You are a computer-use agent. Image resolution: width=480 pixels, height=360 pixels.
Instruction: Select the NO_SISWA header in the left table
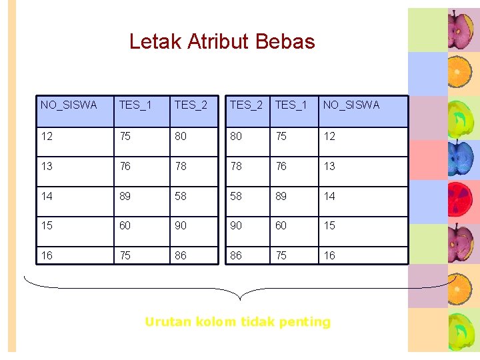coord(69,105)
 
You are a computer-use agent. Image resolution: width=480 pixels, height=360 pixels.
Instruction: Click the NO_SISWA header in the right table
coord(351,105)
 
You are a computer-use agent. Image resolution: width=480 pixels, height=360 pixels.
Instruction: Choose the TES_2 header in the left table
coord(191,105)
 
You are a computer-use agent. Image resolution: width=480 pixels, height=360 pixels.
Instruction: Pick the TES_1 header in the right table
coord(291,105)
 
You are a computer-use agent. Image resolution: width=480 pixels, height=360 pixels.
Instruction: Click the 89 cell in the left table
coord(125,196)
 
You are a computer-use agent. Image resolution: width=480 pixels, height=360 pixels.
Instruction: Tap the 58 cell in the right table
coord(236,196)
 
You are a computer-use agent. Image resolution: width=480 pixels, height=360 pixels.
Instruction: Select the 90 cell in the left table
coord(181,226)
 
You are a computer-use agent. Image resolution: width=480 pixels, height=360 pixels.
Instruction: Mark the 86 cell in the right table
coord(236,255)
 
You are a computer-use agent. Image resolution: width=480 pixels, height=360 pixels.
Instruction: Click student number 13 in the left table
coord(47,166)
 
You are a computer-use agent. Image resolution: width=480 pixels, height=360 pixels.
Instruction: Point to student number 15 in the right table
coord(329,226)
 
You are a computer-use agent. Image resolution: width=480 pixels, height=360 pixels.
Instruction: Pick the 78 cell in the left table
coord(181,166)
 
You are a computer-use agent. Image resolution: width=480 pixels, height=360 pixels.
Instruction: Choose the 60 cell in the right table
coord(281,226)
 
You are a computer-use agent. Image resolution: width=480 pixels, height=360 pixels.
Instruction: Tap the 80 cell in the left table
coord(181,137)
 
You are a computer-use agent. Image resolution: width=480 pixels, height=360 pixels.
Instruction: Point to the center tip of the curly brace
coord(239,299)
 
